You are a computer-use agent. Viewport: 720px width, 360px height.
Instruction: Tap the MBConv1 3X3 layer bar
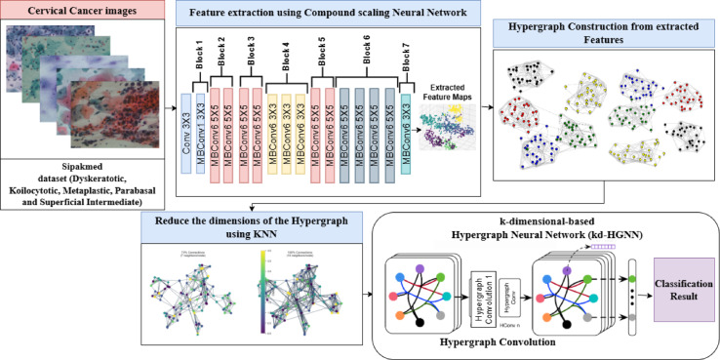click(x=203, y=128)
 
